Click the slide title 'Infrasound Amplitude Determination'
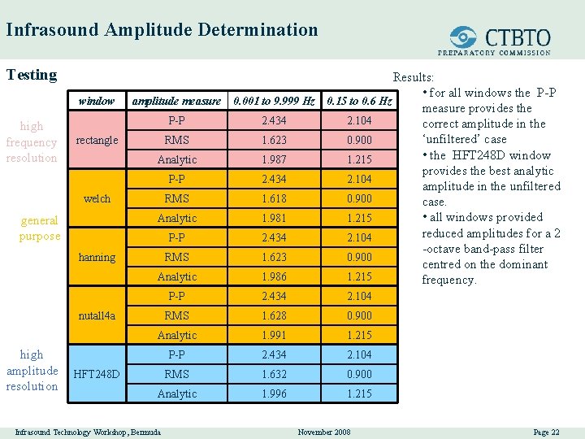162,31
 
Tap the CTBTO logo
500,38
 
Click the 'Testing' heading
32,75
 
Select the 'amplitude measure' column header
176,101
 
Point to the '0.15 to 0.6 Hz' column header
359,101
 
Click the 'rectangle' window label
97,140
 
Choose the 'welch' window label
97,198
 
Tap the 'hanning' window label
97,257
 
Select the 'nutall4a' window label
97,315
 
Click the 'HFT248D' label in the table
97,374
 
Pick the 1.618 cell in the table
274,198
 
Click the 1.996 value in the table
274,393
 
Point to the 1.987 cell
274,159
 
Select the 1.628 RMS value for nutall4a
274,315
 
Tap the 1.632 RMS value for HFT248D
274,374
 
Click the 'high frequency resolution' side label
32,141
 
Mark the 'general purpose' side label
40,228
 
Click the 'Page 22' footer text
546,432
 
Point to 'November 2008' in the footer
324,432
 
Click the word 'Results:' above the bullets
414,77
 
